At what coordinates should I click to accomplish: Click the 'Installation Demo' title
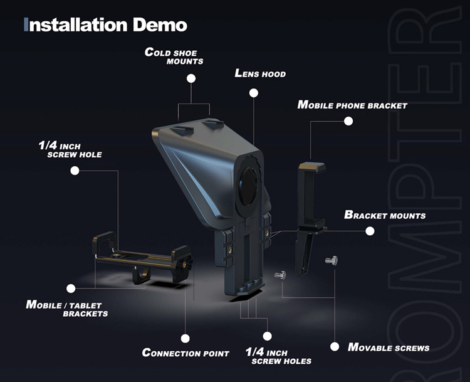pos(105,24)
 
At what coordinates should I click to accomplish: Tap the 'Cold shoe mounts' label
pos(174,56)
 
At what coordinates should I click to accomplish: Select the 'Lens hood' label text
pos(260,73)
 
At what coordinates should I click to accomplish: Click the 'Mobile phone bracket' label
pos(352,105)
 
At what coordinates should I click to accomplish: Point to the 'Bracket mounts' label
pos(385,215)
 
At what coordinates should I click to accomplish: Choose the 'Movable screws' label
pos(389,348)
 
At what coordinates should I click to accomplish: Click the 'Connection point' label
pos(185,353)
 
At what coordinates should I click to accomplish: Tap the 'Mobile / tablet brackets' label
pos(67,309)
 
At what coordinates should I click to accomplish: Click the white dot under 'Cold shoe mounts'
pos(191,78)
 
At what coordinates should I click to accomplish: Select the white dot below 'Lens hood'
pos(254,93)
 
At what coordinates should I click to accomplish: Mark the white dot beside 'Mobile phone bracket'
pos(348,121)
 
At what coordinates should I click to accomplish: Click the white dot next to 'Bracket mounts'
pos(370,231)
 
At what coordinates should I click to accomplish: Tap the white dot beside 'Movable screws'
pos(335,347)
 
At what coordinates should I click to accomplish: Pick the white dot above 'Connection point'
pos(185,339)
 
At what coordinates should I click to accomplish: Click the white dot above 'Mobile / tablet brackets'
pos(71,289)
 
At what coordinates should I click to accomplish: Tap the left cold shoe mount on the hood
pos(182,129)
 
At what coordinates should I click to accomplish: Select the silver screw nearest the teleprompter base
pos(280,275)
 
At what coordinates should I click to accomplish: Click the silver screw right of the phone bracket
pos(332,260)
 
